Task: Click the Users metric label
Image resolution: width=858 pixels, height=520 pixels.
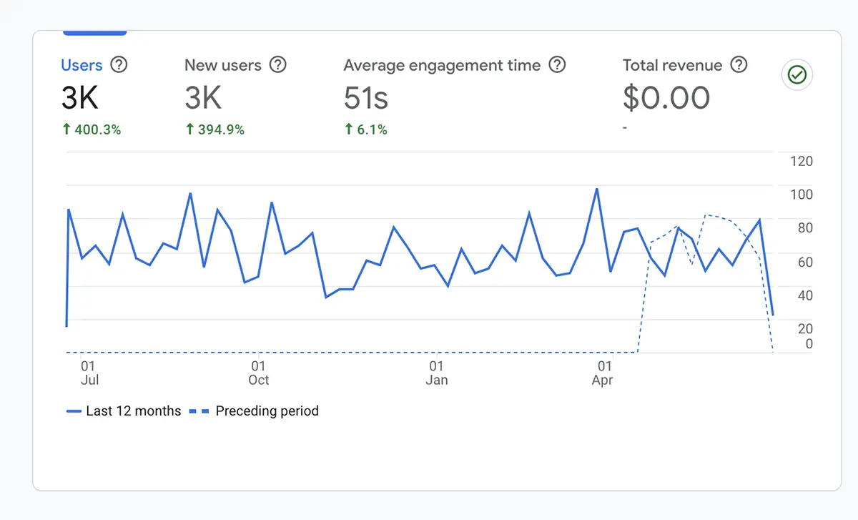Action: pyautogui.click(x=82, y=65)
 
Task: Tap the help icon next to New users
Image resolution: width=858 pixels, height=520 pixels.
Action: pyautogui.click(x=277, y=65)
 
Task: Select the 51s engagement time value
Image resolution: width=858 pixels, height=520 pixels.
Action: pyautogui.click(x=365, y=99)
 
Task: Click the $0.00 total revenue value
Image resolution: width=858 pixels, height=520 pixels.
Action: pyautogui.click(x=666, y=99)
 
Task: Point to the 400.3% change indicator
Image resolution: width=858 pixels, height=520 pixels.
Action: pyautogui.click(x=92, y=129)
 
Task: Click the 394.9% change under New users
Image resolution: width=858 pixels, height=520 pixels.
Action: pyautogui.click(x=214, y=129)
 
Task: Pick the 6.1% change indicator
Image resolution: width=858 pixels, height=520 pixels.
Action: pyautogui.click(x=365, y=129)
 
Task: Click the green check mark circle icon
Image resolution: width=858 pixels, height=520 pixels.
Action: pyautogui.click(x=797, y=74)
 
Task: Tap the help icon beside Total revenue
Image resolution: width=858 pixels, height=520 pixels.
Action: pyautogui.click(x=739, y=65)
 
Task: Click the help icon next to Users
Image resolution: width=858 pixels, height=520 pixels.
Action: pyautogui.click(x=119, y=65)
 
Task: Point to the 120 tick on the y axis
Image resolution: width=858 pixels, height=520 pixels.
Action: pyautogui.click(x=801, y=161)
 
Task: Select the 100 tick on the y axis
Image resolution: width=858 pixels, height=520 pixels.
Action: pyautogui.click(x=801, y=195)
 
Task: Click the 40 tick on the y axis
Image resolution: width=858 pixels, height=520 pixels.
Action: pyautogui.click(x=804, y=295)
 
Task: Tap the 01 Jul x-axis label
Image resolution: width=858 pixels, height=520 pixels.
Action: pyautogui.click(x=89, y=373)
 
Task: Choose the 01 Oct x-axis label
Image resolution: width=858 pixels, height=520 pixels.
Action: pyautogui.click(x=259, y=373)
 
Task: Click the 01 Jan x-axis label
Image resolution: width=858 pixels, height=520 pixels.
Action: pyautogui.click(x=436, y=373)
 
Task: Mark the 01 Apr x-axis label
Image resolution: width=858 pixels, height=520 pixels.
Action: pyautogui.click(x=603, y=373)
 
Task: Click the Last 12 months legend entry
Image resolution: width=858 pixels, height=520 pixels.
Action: pyautogui.click(x=124, y=411)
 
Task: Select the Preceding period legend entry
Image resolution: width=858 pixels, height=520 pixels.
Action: pyautogui.click(x=255, y=411)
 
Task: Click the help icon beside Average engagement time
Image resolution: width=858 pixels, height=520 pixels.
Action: pyautogui.click(x=557, y=65)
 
